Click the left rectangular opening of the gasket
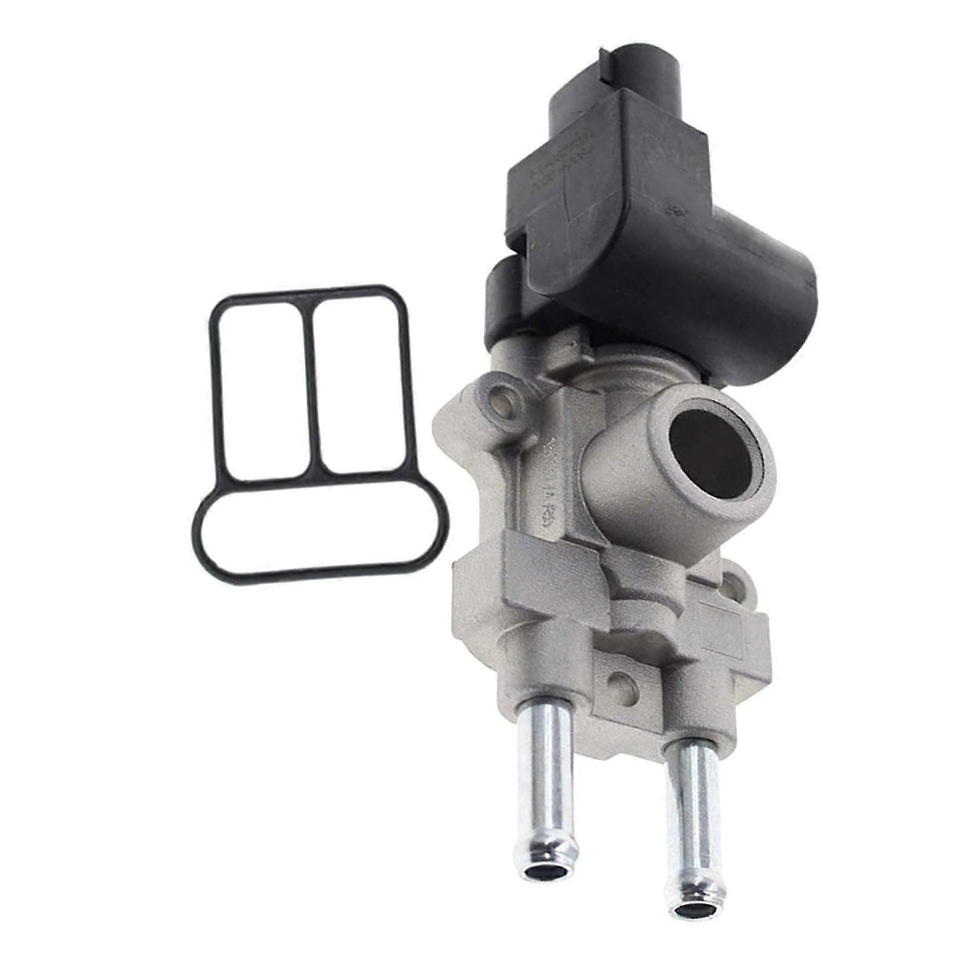coord(263,388)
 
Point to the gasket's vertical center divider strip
coord(312,388)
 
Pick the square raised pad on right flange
coord(724,630)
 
